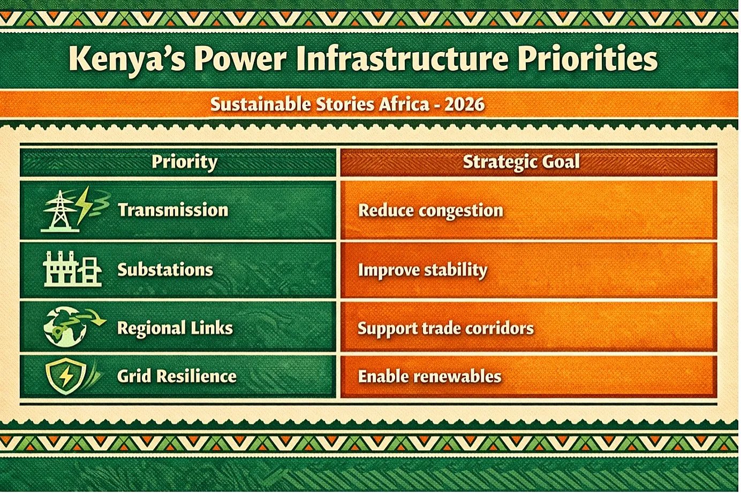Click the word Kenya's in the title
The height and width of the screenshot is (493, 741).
[x=127, y=59]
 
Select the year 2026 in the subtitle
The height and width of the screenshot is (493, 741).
[x=465, y=104]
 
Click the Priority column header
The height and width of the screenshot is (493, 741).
[x=185, y=162]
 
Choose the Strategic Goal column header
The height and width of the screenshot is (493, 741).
[x=521, y=162]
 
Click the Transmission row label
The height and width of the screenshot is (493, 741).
[x=173, y=210]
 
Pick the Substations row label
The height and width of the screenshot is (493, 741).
[x=165, y=269]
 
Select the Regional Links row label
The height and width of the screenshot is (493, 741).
[x=175, y=328]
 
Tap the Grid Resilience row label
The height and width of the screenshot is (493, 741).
[x=177, y=376]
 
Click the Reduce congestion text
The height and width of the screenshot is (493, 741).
[x=430, y=211]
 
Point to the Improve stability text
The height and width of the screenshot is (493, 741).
[x=423, y=270]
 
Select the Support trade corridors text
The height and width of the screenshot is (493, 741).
[x=445, y=329]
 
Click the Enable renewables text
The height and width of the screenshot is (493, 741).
[x=430, y=376]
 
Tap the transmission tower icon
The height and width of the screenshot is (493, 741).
[x=60, y=211]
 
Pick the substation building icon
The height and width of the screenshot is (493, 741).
[x=72, y=268]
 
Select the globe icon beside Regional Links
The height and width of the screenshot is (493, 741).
[x=65, y=327]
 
